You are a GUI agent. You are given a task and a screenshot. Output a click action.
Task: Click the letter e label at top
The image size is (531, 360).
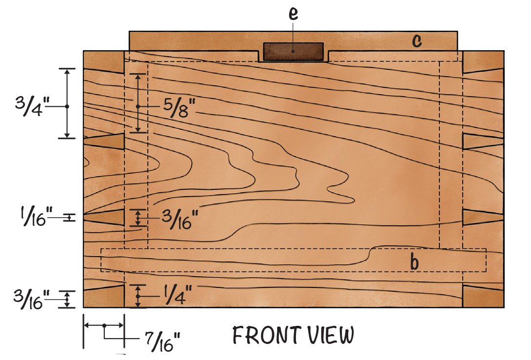point(293,14)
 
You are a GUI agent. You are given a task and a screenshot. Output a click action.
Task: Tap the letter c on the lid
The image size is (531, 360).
point(417,40)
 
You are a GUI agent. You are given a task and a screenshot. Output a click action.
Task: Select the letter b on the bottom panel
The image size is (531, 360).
point(414,262)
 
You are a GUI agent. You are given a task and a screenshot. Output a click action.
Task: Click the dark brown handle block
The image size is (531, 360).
point(293,52)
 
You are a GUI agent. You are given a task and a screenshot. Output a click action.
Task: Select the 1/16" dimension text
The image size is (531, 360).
point(37,217)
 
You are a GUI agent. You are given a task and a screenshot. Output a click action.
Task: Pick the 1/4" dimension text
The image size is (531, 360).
point(178,295)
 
